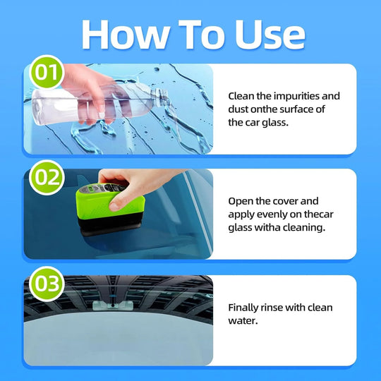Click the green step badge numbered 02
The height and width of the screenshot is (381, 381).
coord(47,177)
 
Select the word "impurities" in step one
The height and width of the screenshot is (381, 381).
coord(296,96)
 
